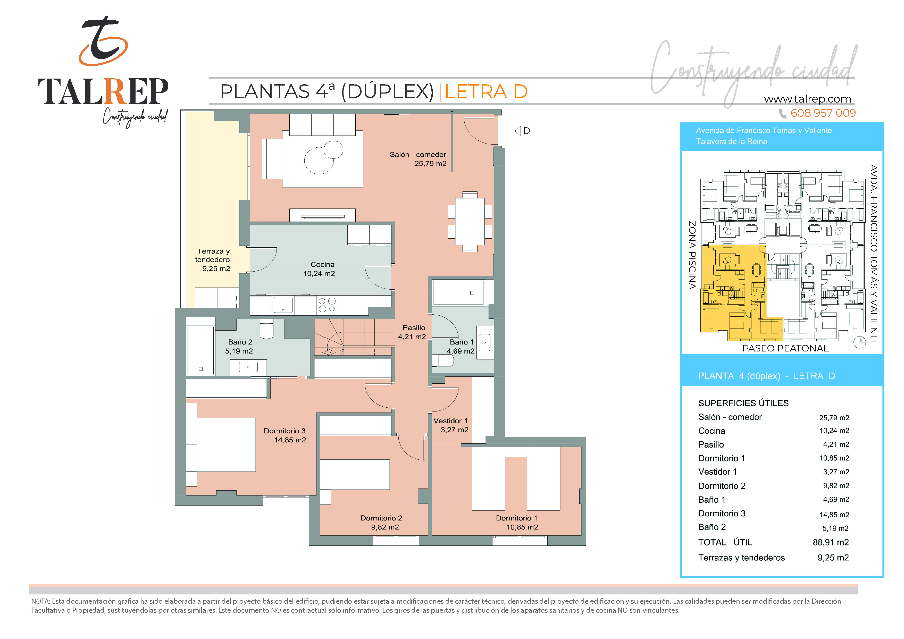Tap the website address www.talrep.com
pyautogui.click(x=808, y=99)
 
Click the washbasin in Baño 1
pyautogui.click(x=485, y=342)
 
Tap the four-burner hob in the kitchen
pyautogui.click(x=327, y=305)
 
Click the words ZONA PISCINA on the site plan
pyautogui.click(x=692, y=255)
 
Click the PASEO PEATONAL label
pyautogui.click(x=785, y=348)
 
